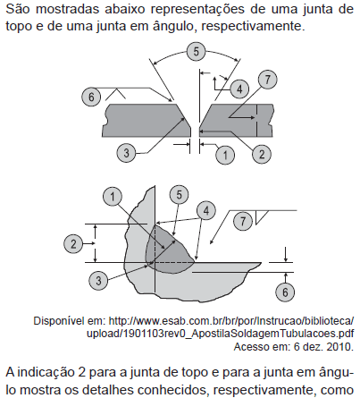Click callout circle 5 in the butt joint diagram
[196, 52]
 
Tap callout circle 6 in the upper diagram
[91, 97]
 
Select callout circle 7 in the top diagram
[267, 80]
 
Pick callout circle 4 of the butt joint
[239, 89]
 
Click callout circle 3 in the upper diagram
[126, 153]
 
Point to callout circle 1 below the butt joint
[225, 155]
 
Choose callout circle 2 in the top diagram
[262, 154]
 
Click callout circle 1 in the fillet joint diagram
[113, 197]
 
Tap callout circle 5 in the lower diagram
[179, 195]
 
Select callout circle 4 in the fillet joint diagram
[206, 211]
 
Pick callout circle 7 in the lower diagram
[243, 221]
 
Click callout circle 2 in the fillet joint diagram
[73, 244]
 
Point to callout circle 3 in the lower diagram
[98, 281]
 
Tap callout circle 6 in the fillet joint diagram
[285, 292]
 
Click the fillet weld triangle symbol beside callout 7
[260, 217]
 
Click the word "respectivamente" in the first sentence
[252, 26]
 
